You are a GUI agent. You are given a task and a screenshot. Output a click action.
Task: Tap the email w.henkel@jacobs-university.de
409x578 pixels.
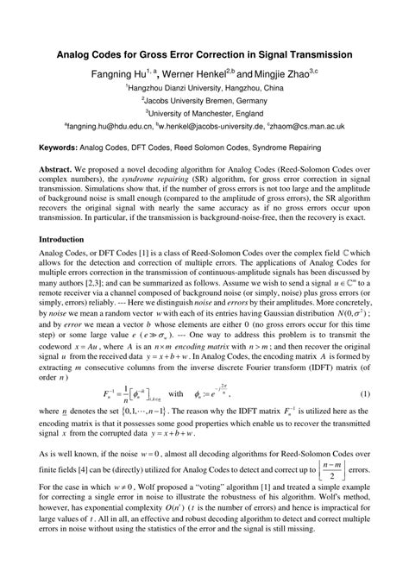225,125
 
